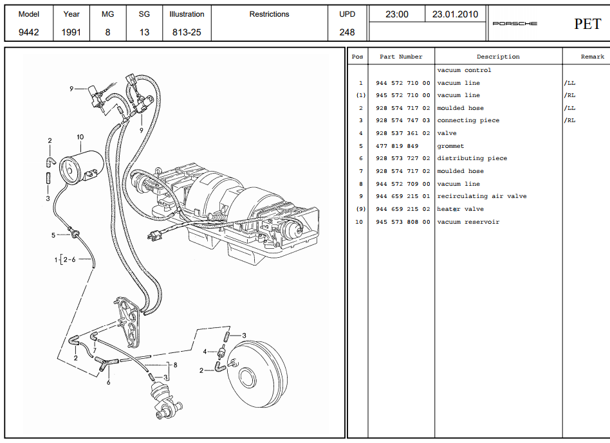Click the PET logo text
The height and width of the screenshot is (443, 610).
(587, 24)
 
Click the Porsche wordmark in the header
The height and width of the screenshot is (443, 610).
(514, 24)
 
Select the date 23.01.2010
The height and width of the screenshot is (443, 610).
(456, 14)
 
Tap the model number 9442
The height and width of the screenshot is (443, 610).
(28, 32)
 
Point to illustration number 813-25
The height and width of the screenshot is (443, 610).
(187, 32)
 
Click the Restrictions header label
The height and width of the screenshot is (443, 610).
(269, 14)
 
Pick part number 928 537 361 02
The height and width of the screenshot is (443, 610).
(402, 133)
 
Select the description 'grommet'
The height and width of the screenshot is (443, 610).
(450, 146)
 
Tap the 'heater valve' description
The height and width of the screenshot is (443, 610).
(460, 209)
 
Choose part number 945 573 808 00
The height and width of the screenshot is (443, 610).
(402, 222)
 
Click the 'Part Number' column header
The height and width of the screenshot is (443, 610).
(401, 57)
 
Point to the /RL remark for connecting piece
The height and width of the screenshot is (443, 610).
(569, 120)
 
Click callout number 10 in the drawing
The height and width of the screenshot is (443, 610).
(80, 137)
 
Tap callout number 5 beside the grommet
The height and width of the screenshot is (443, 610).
(54, 235)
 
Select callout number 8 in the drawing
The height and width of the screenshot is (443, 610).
(174, 365)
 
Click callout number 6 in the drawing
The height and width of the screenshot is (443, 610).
(108, 383)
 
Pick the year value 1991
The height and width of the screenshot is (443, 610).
(71, 32)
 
